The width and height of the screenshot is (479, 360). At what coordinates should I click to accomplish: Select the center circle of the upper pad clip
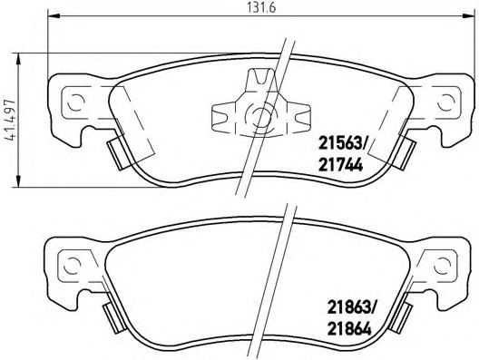click(x=260, y=116)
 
